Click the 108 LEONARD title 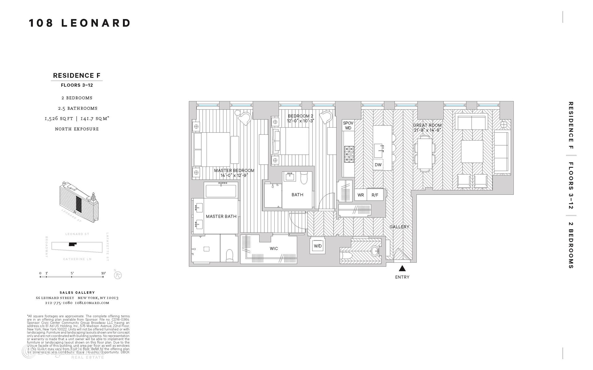point(80,23)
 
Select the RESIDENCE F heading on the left point(77,76)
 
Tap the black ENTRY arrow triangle point(402,268)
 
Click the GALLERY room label point(399,227)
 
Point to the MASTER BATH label point(221,216)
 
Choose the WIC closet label point(274,249)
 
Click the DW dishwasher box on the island point(378,165)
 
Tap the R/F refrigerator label point(375,195)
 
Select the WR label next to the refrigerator point(360,195)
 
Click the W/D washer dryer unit point(318,246)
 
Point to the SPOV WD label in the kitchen point(348,125)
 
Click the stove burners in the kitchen point(349,154)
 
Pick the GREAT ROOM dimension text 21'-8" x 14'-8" point(427,130)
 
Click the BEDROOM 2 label point(300,116)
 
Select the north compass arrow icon point(118,275)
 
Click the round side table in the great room point(504,125)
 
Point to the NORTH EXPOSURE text point(77,129)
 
